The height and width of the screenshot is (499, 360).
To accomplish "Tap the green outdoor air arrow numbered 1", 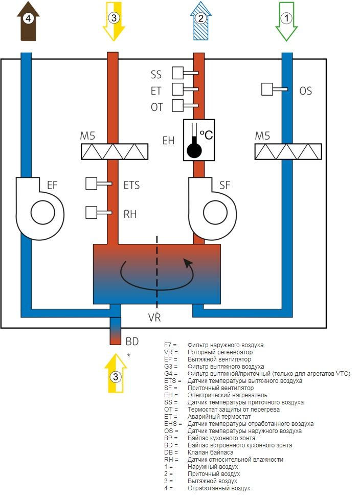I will point(286,20).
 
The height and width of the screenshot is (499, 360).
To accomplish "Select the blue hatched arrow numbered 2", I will point(201,20).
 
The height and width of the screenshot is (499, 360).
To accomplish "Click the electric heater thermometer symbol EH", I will point(199,140).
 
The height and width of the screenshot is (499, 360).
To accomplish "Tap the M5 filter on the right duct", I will point(288,151).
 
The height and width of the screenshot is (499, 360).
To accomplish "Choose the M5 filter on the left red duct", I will point(115,151).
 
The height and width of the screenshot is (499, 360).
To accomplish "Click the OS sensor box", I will point(267,89).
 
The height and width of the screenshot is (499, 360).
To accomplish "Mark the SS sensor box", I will point(178,73).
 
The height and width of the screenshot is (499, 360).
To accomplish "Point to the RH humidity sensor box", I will point(92,212).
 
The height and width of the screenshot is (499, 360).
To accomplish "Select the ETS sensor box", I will point(92,183).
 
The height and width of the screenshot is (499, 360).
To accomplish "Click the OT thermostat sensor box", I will point(178,106).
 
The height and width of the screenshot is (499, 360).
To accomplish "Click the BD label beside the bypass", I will point(132,341).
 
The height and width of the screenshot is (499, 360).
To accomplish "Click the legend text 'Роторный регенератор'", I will point(220,352).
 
